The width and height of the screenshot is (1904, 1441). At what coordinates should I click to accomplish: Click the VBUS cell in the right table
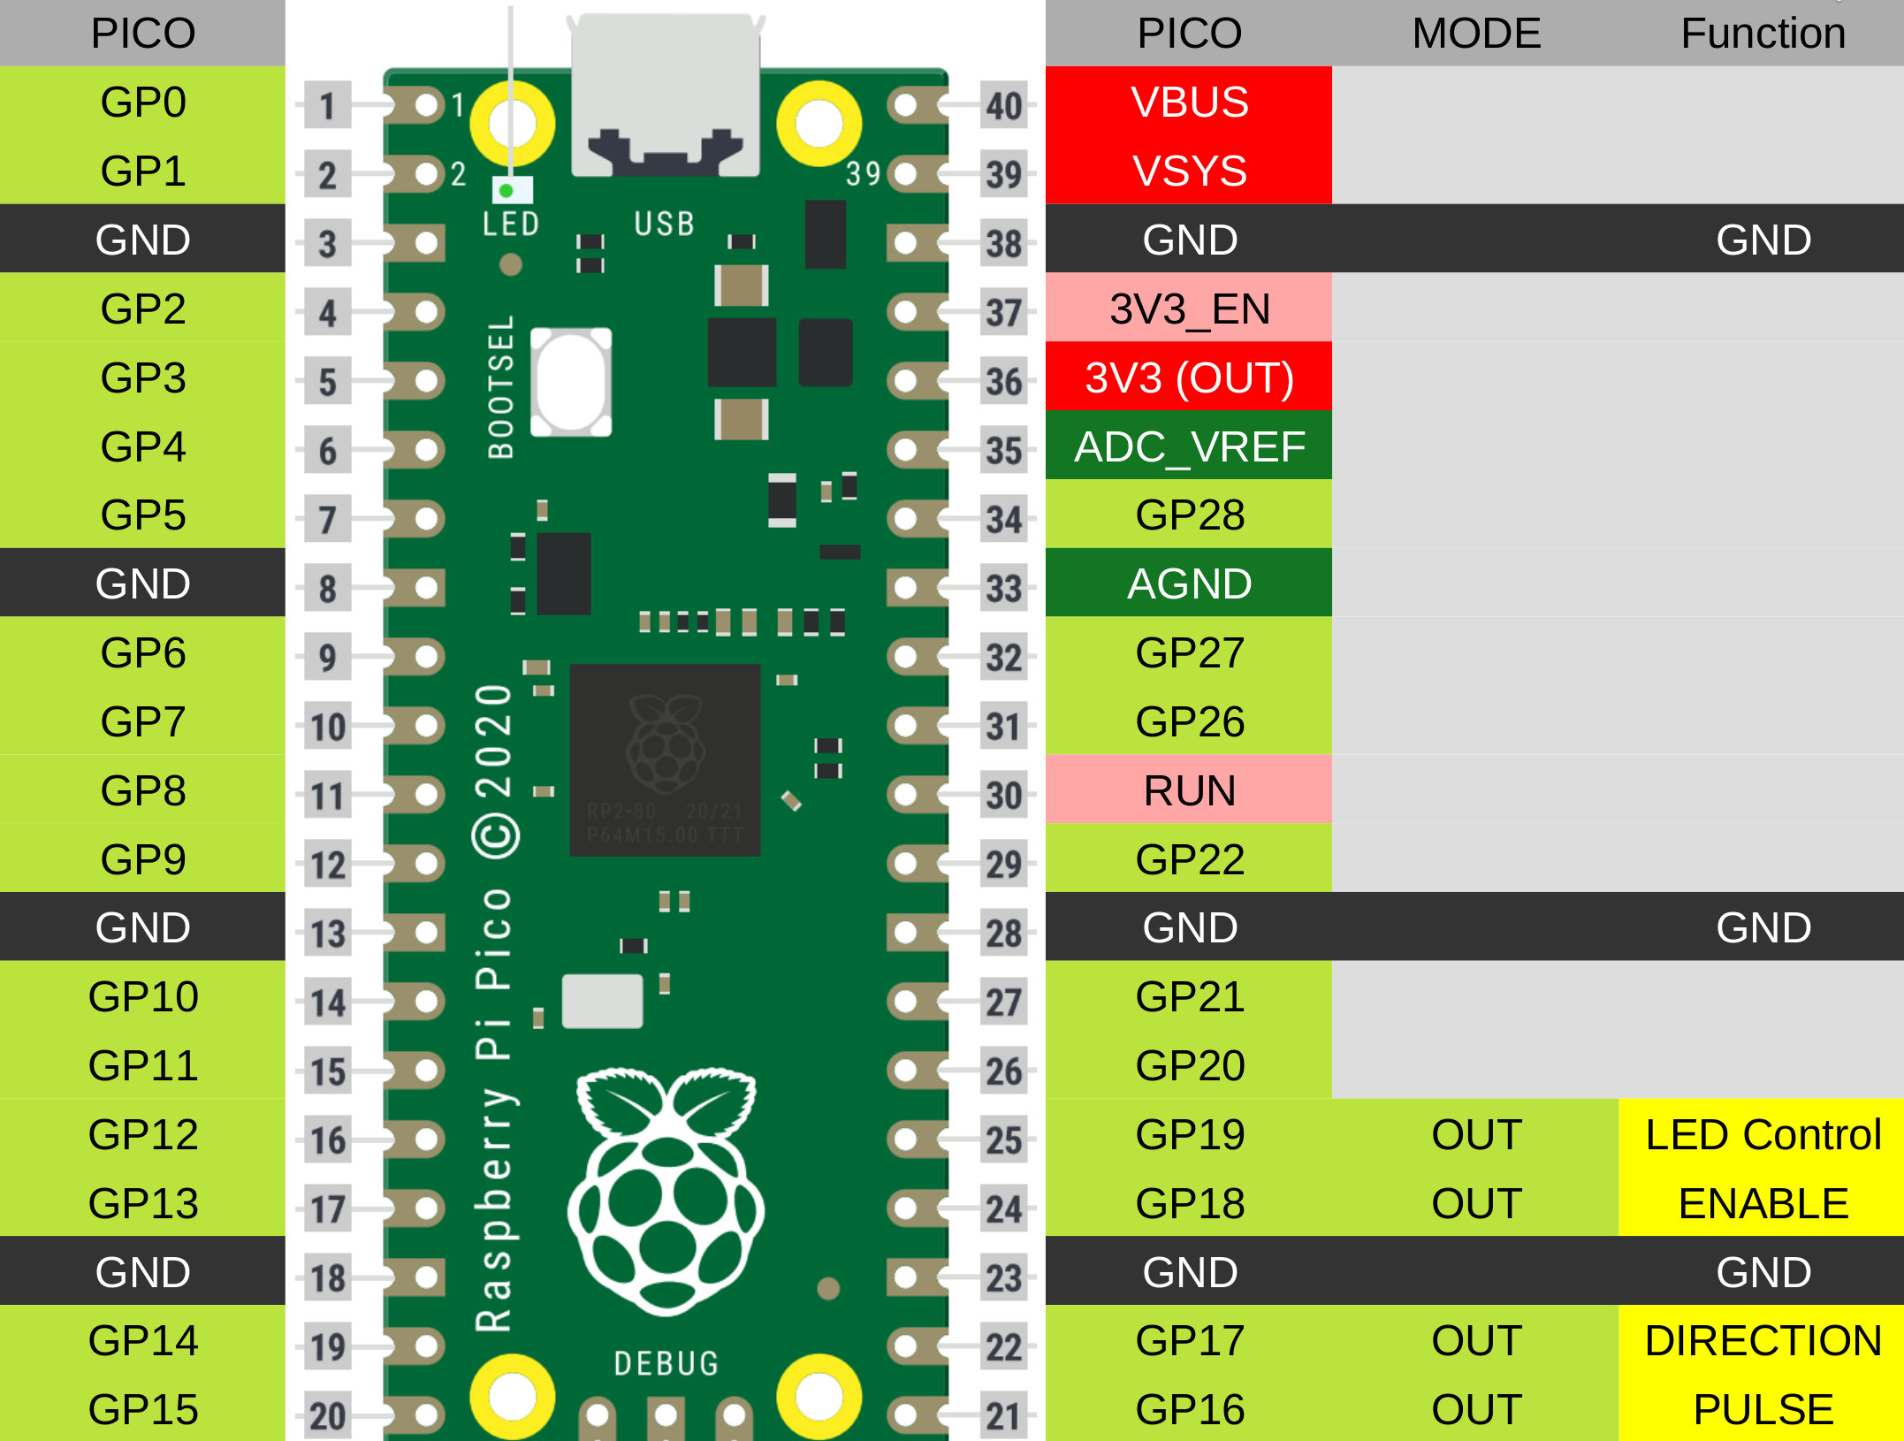click(1189, 102)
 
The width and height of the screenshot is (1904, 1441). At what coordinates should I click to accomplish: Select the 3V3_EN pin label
click(1189, 309)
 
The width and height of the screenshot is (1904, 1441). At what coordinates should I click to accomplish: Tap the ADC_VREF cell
click(1189, 446)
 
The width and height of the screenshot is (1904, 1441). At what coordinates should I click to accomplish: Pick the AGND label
click(1189, 583)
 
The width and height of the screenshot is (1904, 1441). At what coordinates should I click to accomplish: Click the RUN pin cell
click(1189, 790)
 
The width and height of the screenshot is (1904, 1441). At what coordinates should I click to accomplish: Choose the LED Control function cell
click(1763, 1134)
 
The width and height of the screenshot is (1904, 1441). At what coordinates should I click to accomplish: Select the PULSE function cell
click(1763, 1409)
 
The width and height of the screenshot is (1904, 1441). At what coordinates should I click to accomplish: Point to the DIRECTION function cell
click(1763, 1340)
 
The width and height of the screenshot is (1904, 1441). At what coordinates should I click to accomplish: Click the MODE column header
click(1476, 34)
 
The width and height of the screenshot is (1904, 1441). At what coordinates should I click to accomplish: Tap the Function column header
click(1763, 34)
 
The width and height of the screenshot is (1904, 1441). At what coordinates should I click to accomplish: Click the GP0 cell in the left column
click(142, 102)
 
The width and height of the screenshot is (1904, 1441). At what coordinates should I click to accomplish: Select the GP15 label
click(142, 1409)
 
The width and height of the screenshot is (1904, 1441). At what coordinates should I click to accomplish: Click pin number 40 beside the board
click(1004, 106)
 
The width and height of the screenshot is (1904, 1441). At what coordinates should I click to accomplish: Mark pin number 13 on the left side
click(328, 934)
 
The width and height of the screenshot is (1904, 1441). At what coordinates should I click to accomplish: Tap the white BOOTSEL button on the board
click(571, 382)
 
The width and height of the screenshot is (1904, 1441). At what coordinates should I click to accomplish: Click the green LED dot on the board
click(506, 190)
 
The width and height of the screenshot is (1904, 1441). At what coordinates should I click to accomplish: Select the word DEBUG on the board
click(666, 1363)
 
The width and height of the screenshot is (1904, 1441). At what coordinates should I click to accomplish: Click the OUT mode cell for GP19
click(1476, 1134)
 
